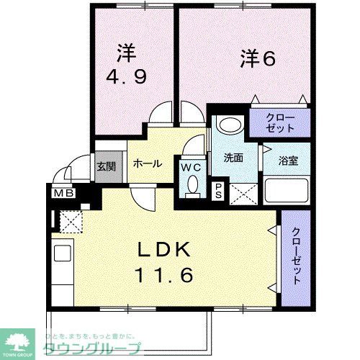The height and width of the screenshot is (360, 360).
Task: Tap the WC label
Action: pos(191,167)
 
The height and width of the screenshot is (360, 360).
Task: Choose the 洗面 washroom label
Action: pos(231,158)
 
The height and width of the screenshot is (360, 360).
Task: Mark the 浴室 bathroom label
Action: pos(285,159)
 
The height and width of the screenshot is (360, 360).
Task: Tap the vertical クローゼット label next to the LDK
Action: pos(296,255)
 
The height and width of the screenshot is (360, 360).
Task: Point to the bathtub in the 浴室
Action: pos(287,190)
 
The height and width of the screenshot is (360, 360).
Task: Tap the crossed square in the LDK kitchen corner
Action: pos(71,222)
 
